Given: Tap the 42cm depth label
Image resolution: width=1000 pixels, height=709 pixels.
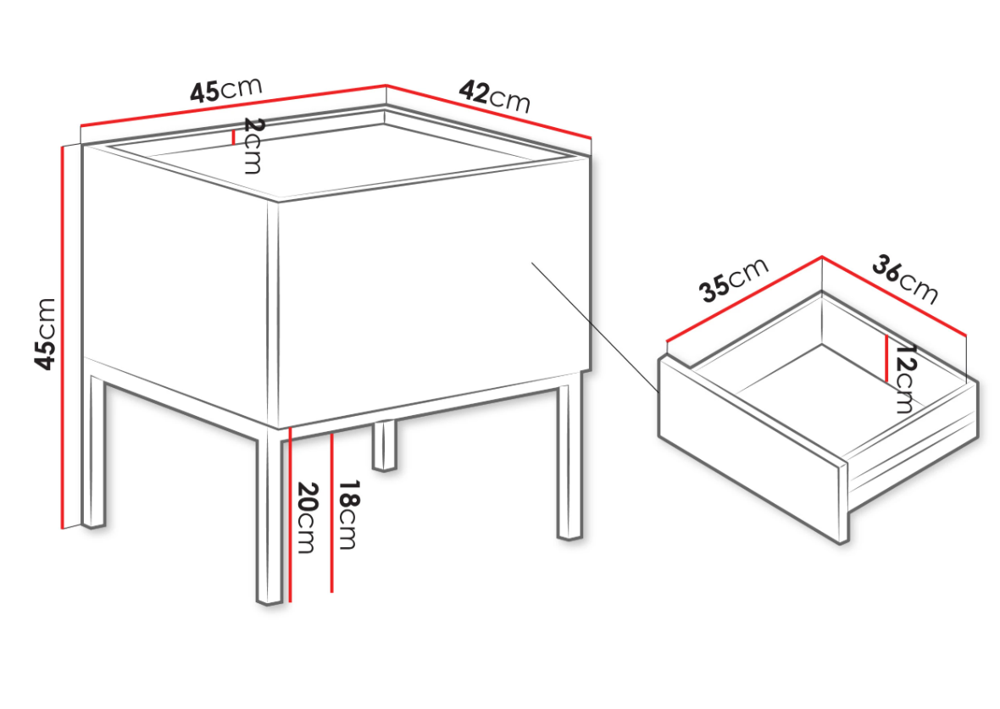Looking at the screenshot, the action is [x=494, y=97].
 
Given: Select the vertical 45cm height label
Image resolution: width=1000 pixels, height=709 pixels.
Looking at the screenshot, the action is [x=45, y=333].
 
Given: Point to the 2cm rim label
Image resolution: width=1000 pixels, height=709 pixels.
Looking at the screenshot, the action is [x=253, y=146].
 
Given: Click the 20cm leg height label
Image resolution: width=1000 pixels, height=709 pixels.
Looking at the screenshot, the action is [x=307, y=517].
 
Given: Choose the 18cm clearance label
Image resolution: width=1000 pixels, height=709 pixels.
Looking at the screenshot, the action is [x=347, y=514].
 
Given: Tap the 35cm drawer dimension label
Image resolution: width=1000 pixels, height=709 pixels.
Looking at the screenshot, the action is [x=734, y=280].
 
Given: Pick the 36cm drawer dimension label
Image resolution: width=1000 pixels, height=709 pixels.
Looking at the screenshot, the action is [x=904, y=280].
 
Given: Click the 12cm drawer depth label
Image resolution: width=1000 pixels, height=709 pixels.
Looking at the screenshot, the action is [x=904, y=379].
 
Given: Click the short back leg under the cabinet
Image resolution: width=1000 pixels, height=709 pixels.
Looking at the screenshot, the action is [x=384, y=446].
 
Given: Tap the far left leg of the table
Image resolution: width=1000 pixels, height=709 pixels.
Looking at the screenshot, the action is [x=94, y=451].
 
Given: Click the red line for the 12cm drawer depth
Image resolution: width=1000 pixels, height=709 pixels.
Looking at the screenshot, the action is [x=886, y=359].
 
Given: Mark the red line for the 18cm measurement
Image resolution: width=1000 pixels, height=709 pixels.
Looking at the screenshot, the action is [x=331, y=512].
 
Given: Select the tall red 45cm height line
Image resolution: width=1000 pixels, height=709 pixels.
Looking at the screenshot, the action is [x=63, y=337].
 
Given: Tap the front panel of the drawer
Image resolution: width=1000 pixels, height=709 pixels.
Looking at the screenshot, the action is [x=753, y=450].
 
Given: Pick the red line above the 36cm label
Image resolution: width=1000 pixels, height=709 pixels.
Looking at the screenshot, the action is [x=894, y=295].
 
